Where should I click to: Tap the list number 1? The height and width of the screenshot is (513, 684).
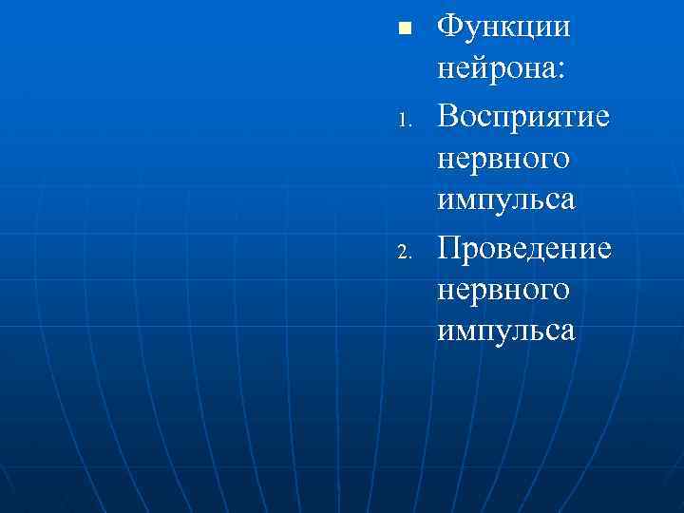point(404,122)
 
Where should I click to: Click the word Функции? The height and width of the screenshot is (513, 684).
point(503,27)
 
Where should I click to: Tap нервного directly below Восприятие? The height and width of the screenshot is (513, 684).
point(503,158)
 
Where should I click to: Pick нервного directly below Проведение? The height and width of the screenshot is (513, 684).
point(503,289)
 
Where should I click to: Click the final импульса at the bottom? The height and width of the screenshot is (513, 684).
point(506,332)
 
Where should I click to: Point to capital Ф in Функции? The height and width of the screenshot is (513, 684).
point(449,26)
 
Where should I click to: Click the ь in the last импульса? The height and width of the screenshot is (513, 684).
point(533,332)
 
